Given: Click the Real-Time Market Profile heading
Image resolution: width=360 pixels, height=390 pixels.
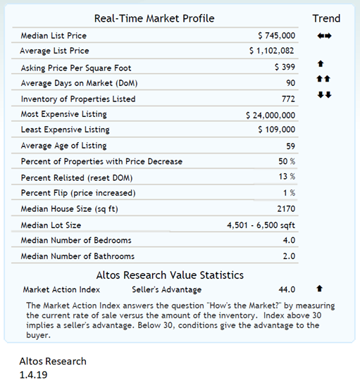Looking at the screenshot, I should [x=154, y=18].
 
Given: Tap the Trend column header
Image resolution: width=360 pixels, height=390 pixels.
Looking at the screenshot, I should [x=326, y=18].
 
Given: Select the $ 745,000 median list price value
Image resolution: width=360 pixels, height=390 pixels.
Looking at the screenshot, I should [x=277, y=35].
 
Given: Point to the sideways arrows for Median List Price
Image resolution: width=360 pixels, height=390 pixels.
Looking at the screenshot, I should [x=325, y=35].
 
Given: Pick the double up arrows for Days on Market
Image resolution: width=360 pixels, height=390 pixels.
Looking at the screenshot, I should [x=324, y=78].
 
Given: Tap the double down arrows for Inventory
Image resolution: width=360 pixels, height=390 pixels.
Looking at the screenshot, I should [x=324, y=94].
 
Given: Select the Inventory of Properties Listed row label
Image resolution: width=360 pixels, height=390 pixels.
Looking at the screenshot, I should [x=78, y=99].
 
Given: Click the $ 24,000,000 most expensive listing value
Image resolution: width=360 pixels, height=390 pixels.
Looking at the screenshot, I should [x=271, y=115].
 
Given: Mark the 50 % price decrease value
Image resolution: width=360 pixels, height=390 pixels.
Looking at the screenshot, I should [x=286, y=162].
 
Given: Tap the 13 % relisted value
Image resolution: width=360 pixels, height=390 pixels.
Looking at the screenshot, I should [x=286, y=177].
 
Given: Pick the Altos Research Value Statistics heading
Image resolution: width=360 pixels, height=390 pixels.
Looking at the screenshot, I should [x=170, y=275].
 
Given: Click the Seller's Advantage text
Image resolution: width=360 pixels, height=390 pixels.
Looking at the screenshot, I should [x=166, y=289].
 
